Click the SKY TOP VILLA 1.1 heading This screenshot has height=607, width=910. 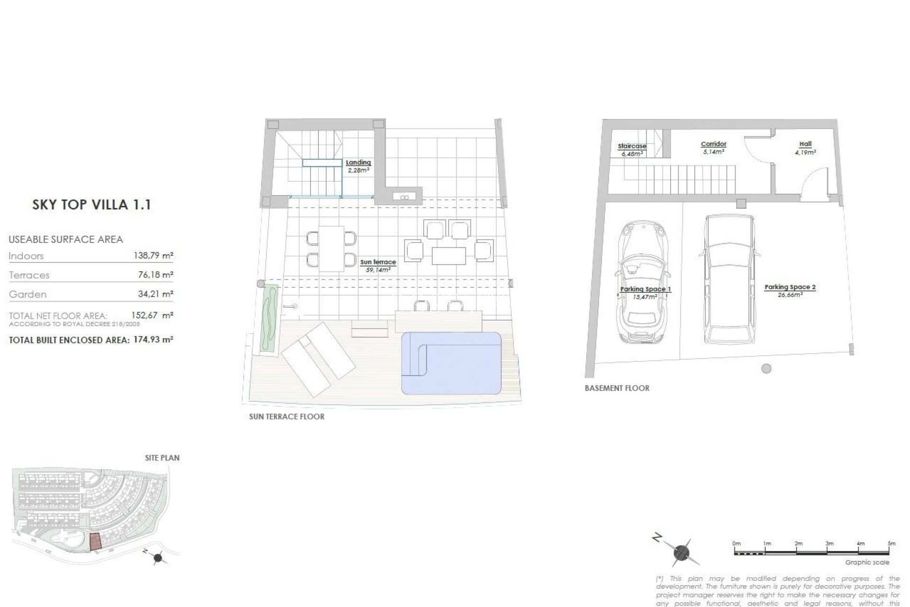coord(91,205)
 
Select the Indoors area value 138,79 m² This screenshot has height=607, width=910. coord(153,256)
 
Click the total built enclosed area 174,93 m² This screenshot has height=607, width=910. coord(152,340)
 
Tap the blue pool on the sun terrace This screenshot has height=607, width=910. coord(451,363)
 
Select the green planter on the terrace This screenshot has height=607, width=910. coord(269,318)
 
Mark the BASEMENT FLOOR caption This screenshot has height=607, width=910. coord(617,388)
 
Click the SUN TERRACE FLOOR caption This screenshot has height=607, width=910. coord(287,417)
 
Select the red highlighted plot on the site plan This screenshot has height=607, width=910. coord(95,541)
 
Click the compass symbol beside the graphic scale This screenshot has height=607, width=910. coord(681,552)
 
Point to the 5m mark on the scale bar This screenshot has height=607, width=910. coord(891,543)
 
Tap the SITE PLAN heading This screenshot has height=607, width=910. coord(162,458)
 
